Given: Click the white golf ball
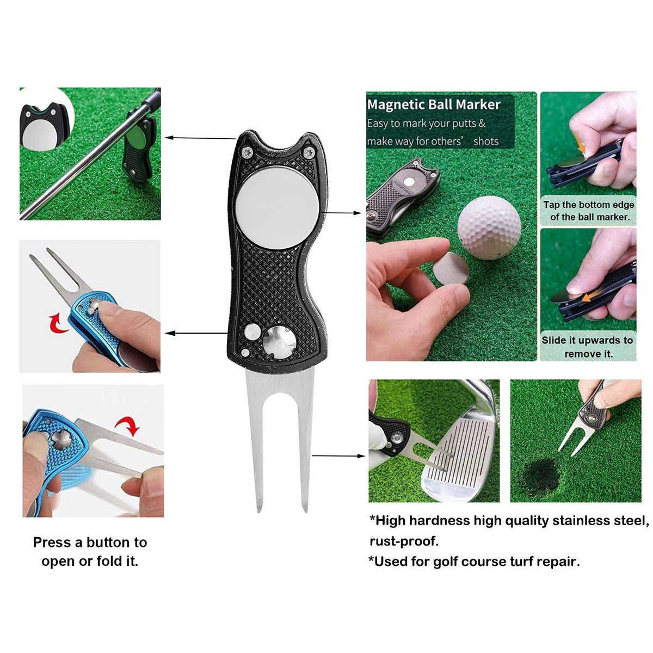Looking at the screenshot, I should (x=489, y=227).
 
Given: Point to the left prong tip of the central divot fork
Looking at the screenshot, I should (x=260, y=509).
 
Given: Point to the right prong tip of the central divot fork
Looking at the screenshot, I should (x=305, y=509).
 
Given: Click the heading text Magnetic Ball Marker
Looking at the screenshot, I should (x=434, y=104).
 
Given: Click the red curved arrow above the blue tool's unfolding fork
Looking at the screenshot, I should (x=128, y=425).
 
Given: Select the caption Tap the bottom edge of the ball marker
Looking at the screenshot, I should (x=588, y=211).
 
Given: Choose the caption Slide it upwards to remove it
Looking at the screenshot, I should (x=588, y=347).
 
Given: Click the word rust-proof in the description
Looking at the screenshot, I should (x=404, y=541).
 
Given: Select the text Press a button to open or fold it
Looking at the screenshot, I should (x=90, y=551).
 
